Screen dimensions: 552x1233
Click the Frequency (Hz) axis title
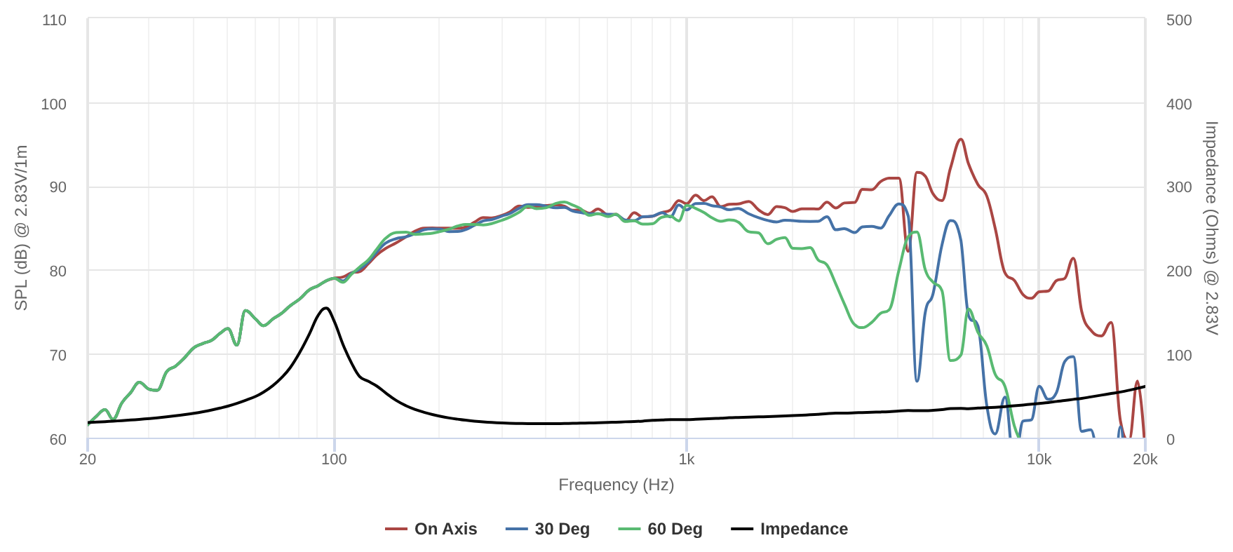[616, 485]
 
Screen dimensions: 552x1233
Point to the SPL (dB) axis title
[21, 228]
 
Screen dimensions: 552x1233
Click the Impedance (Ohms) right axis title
[1211, 228]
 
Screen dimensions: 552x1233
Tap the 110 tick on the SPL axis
[55, 20]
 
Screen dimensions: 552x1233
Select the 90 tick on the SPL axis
[55, 187]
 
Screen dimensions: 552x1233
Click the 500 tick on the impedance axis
[1179, 20]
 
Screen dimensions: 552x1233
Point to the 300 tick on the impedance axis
[1179, 187]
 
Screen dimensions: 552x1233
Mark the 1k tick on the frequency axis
[687, 459]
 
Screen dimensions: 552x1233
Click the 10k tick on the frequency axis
[1039, 459]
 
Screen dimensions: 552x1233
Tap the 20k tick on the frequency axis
[1145, 459]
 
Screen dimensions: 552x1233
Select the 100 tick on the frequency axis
[334, 459]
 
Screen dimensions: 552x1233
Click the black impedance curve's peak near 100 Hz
[325, 308]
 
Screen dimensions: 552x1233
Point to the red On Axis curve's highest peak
[961, 140]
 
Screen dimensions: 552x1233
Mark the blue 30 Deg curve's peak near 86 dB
[951, 221]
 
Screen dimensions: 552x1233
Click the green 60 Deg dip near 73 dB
[861, 328]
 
